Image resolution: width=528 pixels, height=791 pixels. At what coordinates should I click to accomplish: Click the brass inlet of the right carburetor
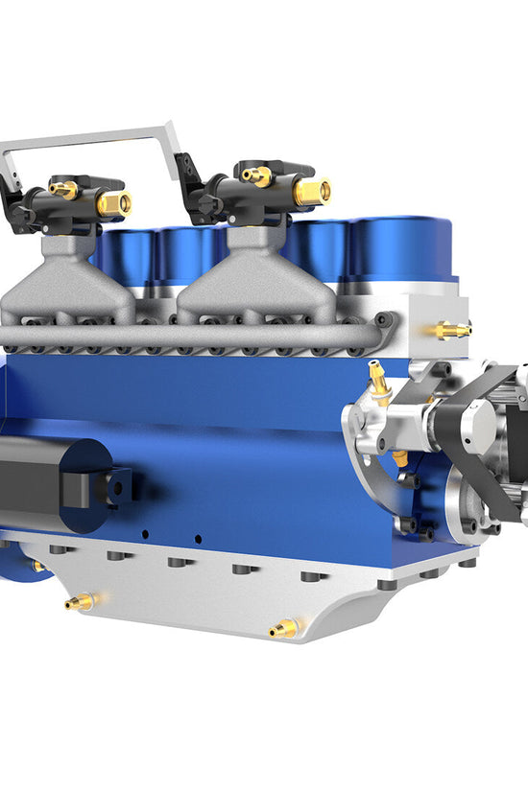pos(313,192)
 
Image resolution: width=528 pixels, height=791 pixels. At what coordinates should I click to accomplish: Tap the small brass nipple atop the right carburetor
pos(256,175)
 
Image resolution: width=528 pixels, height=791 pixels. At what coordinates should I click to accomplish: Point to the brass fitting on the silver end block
pos(451,330)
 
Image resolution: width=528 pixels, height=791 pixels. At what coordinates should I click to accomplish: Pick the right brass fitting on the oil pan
pos(284,629)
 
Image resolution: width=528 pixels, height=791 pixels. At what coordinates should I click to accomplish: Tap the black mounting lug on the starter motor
pos(115,486)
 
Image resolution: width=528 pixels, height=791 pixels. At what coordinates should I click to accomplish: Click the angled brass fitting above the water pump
pos(379,379)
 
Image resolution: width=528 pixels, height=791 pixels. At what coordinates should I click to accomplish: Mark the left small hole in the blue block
pos(144,534)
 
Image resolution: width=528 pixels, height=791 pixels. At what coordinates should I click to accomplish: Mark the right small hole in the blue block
pos(197,539)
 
